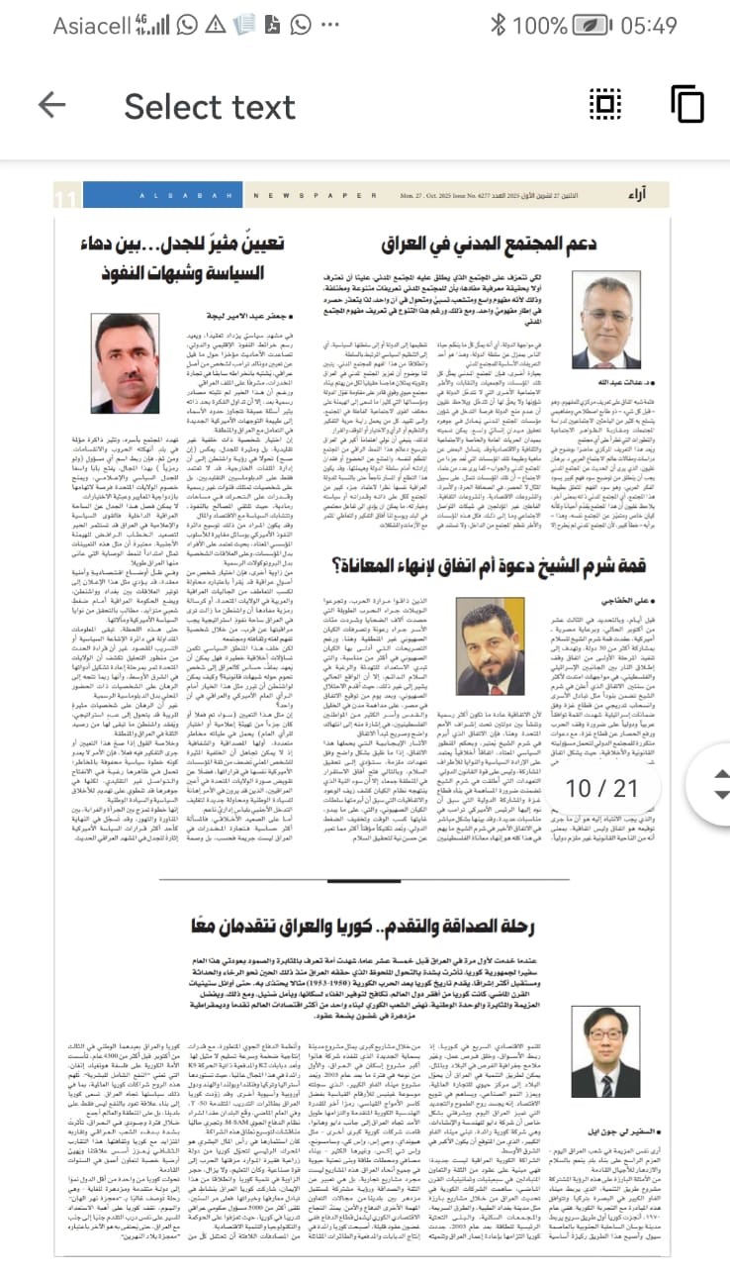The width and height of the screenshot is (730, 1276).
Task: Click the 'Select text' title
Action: [210, 105]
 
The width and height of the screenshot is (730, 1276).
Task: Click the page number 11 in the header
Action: [66, 199]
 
